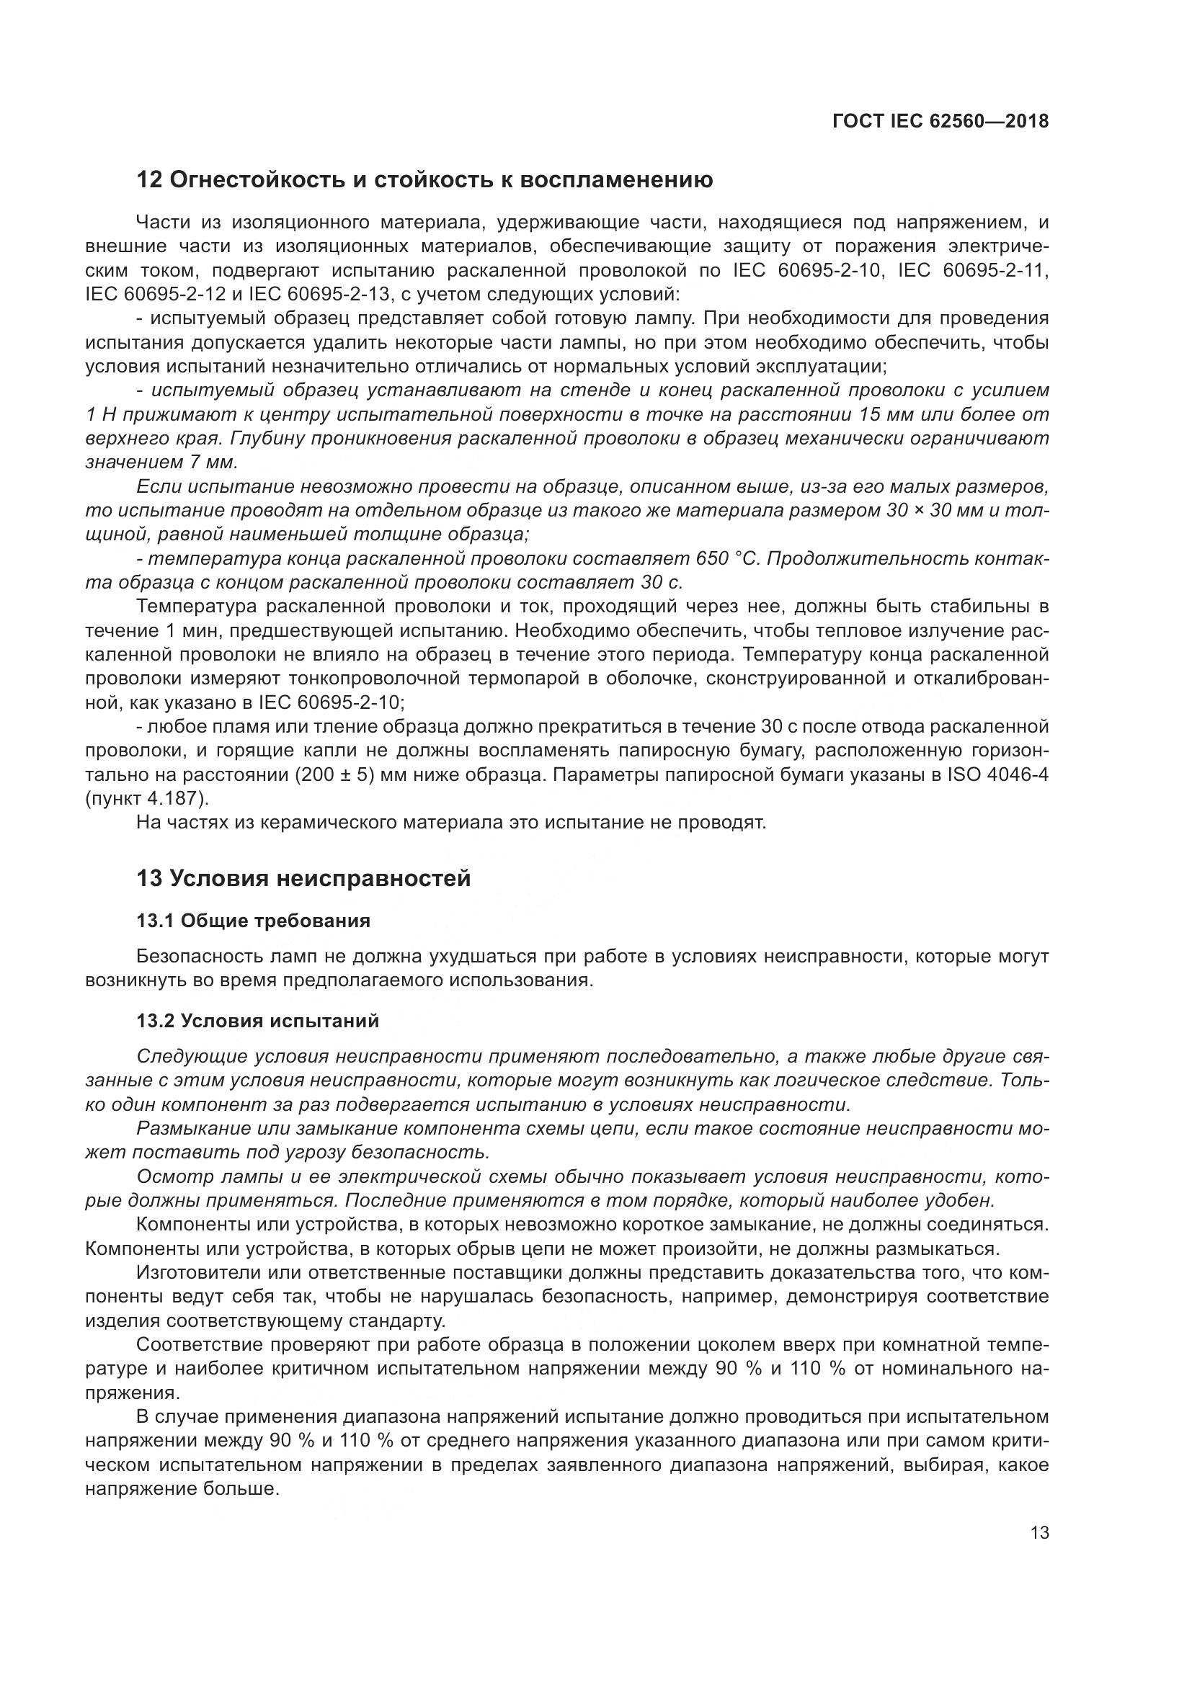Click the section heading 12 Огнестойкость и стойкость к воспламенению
tap(424, 180)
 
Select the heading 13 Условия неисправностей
tap(303, 877)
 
